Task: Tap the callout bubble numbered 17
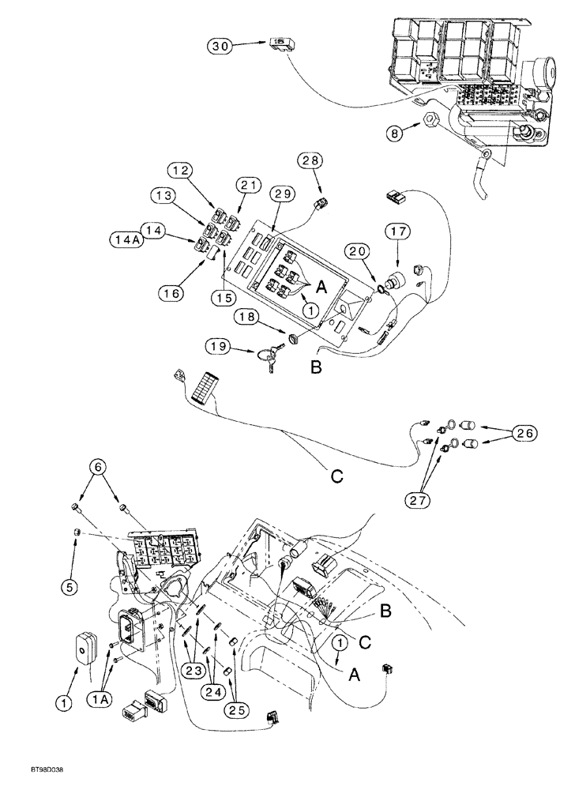pos(396,233)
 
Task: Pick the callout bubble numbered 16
pos(171,293)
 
